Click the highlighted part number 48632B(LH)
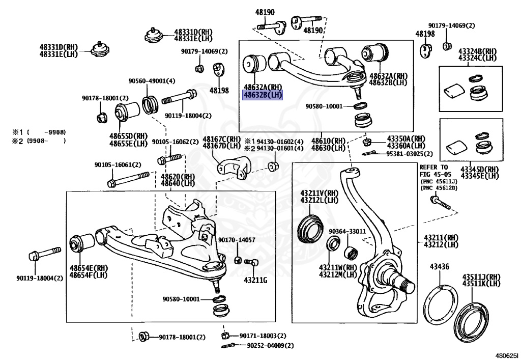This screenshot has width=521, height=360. [263, 94]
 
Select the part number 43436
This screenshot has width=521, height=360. [439, 266]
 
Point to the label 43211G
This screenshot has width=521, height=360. [255, 280]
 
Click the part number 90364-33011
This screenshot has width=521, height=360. [347, 232]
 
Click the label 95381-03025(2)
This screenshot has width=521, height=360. [409, 153]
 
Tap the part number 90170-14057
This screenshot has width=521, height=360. [237, 240]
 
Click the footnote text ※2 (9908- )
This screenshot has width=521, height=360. [39, 141]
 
